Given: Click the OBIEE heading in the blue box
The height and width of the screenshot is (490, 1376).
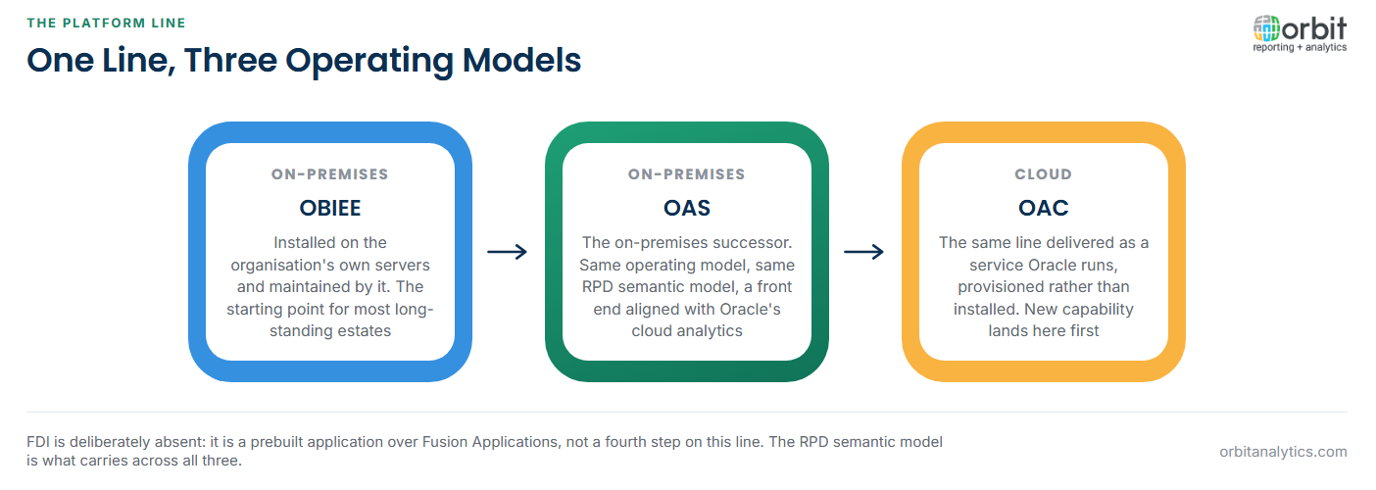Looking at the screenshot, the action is tap(330, 208).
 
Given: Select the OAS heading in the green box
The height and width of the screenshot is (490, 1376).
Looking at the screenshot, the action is tap(687, 208).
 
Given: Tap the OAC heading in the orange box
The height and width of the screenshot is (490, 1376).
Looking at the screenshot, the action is tap(1043, 208).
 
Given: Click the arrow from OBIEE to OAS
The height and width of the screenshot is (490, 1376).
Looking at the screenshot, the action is tap(508, 252).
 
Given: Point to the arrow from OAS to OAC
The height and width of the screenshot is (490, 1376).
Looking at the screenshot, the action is tap(863, 252).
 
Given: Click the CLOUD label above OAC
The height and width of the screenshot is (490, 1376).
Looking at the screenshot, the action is tap(1043, 174).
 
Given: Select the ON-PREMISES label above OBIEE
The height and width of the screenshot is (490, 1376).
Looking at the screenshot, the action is tap(330, 174).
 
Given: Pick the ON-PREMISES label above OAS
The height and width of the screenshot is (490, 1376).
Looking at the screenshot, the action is tap(687, 174).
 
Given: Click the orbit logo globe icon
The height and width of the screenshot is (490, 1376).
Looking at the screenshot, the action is tap(1266, 28).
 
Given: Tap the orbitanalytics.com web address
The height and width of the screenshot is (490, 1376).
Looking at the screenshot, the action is tap(1283, 452).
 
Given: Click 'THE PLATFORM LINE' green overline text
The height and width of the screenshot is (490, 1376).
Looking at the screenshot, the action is tap(106, 24).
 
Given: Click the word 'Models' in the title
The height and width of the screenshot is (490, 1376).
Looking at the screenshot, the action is tap(521, 60).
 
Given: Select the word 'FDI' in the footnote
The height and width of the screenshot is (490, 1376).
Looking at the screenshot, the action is tap(38, 442).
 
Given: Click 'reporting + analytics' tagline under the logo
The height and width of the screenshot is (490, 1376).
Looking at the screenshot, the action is tap(1300, 48).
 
